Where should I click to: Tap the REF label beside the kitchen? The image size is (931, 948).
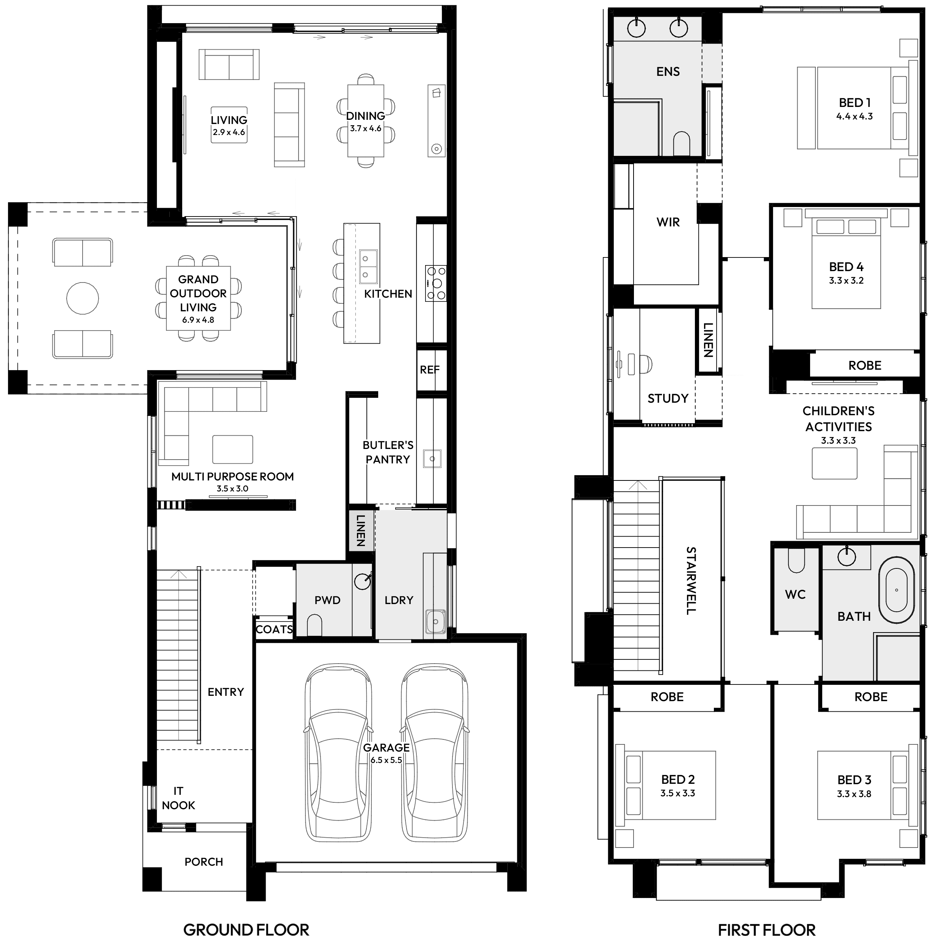click(x=430, y=370)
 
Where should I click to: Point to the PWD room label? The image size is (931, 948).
click(x=327, y=600)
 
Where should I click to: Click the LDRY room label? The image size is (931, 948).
click(x=399, y=600)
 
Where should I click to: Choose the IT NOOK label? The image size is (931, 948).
click(x=178, y=798)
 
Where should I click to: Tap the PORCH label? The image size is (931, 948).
click(x=203, y=862)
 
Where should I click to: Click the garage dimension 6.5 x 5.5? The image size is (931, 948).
click(x=386, y=760)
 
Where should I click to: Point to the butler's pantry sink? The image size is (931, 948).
click(x=432, y=458)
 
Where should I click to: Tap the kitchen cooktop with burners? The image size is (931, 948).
click(x=436, y=283)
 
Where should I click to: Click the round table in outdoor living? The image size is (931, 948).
click(x=83, y=298)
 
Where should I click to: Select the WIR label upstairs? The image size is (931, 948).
click(x=668, y=222)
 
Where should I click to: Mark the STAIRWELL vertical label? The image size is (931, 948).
click(x=690, y=581)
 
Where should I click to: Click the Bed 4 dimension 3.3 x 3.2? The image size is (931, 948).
click(x=846, y=281)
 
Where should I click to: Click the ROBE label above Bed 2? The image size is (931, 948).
click(x=667, y=697)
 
